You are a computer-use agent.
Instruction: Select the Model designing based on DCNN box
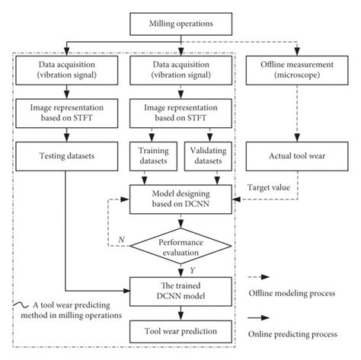click(x=179, y=200)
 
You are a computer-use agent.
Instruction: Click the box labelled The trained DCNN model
click(x=179, y=290)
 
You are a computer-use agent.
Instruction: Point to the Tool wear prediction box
click(x=179, y=331)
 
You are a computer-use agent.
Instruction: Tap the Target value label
click(x=270, y=185)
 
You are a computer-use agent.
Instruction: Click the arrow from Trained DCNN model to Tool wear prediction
click(x=179, y=311)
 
